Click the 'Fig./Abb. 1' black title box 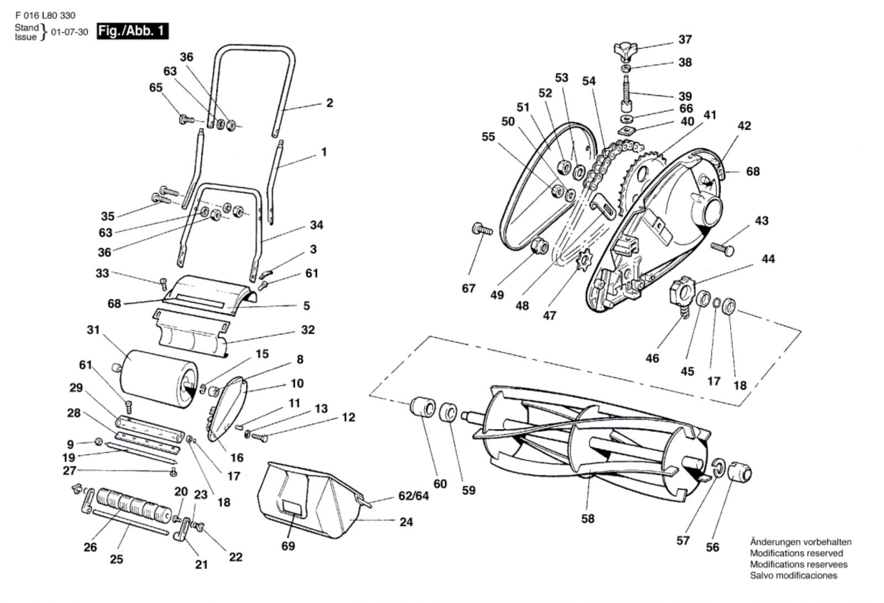pos(132,31)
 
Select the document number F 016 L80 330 pos(45,15)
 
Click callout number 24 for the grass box pos(406,522)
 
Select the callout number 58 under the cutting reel pos(588,518)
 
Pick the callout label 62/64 pos(413,496)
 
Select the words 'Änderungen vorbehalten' pos(801,542)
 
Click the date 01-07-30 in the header pos(70,32)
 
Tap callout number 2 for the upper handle pos(329,103)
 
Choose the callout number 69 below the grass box pos(288,546)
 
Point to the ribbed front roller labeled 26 pos(130,502)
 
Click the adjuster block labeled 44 pos(681,291)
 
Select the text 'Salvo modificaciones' pos(793,575)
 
